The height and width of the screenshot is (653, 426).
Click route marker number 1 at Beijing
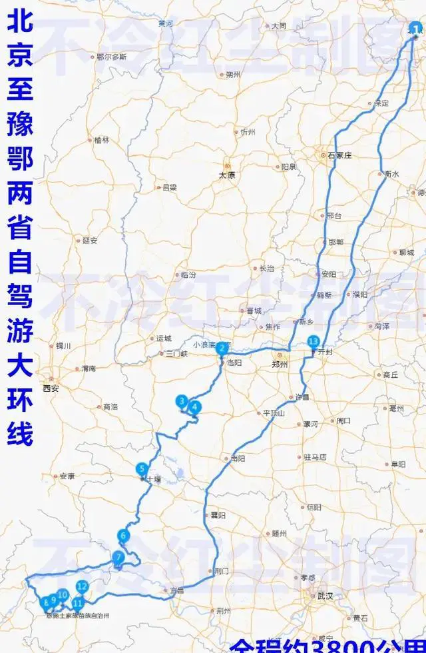pos(416,29)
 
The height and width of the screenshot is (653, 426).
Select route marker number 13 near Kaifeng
pos(314,342)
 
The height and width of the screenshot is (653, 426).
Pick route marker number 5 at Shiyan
pos(142,468)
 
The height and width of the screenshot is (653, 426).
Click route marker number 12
pos(82,587)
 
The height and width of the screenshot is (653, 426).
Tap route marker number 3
pos(181,401)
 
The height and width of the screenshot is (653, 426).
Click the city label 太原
pos(228,176)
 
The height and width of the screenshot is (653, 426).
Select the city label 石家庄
pos(339,155)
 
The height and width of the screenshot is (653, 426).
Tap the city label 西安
pos(51,388)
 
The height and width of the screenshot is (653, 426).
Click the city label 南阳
pos(238,458)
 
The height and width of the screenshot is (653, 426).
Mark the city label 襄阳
pos(218,515)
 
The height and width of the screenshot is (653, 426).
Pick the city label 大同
pos(278,26)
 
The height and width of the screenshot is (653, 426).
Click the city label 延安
pos(90,241)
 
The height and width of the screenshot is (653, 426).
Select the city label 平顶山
pos(274,413)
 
